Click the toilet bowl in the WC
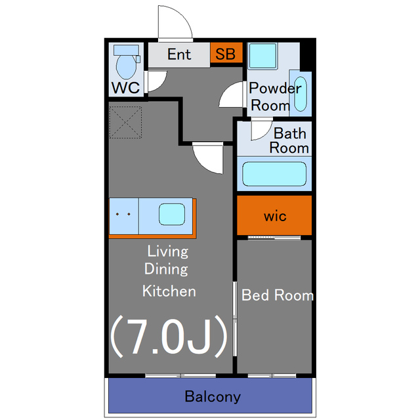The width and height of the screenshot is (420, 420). [126, 67]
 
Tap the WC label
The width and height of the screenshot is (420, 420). [125, 87]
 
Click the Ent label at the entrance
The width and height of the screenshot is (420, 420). [179, 54]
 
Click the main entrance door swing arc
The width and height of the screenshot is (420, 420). [182, 16]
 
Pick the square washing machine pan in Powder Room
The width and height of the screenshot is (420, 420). [262, 56]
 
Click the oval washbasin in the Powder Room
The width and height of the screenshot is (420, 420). [301, 94]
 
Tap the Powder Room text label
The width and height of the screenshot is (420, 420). [275, 96]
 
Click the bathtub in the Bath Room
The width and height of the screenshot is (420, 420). [274, 174]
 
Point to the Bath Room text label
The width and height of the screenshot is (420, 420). [289, 140]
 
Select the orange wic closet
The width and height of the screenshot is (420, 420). [274, 215]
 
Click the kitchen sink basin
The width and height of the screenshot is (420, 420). [172, 215]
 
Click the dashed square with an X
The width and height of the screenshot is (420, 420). [125, 122]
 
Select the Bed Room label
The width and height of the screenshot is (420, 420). [278, 295]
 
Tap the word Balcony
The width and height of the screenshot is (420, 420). [213, 396]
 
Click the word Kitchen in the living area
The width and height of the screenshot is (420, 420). [169, 291]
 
